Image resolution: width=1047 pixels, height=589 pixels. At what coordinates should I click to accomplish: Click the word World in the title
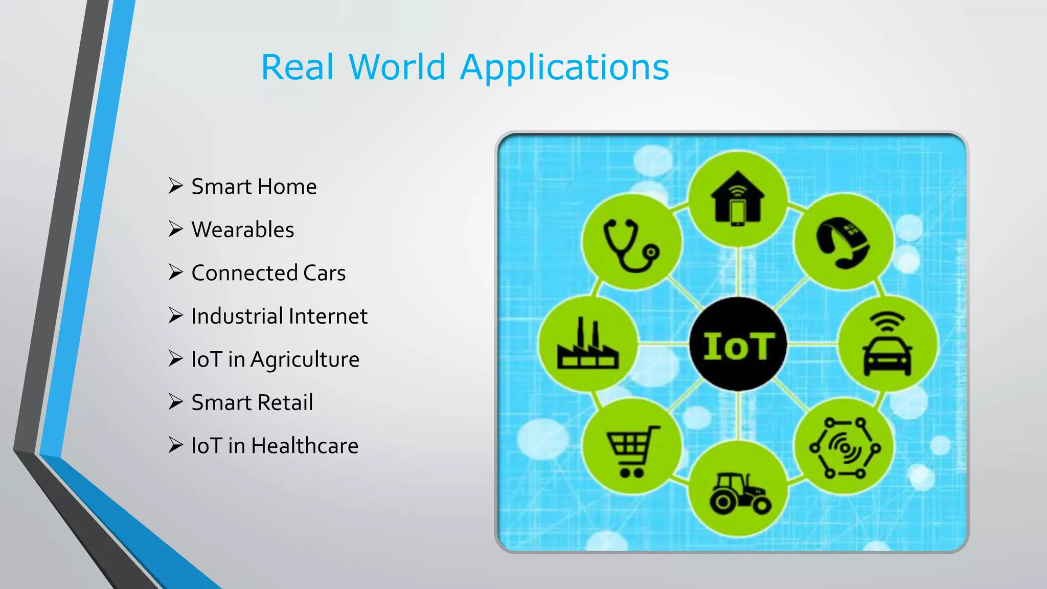[398, 67]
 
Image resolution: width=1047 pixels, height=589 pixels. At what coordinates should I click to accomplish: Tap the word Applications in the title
[564, 69]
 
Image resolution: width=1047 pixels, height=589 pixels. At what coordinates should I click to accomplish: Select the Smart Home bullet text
[254, 187]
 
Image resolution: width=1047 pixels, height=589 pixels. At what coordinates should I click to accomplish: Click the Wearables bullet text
[242, 230]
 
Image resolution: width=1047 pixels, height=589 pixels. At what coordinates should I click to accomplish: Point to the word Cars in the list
[324, 273]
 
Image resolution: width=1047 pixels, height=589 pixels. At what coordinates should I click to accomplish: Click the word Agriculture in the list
[305, 360]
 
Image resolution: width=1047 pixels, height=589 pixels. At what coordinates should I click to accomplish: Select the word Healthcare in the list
[305, 446]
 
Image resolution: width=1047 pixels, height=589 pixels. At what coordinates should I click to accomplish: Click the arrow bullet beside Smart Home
[175, 186]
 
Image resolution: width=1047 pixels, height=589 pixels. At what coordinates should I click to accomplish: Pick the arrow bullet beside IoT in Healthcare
[175, 445]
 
